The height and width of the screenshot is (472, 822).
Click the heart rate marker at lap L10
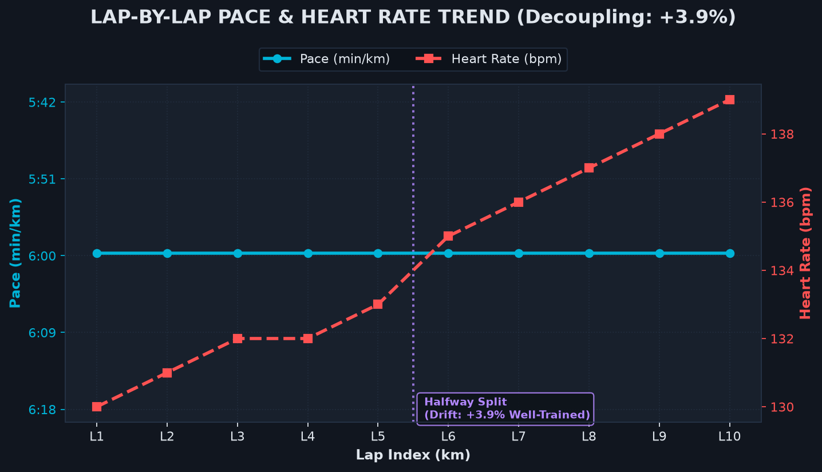730,100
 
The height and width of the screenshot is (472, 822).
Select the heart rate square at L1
97,407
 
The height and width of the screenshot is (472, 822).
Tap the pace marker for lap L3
238,253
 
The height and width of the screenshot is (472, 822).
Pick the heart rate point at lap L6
448,236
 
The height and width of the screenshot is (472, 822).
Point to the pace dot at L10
730,253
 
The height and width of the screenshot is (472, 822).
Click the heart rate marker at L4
308,339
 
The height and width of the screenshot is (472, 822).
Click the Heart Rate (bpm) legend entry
488,59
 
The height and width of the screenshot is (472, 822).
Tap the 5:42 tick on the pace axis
42,103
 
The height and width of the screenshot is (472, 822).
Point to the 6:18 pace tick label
42,410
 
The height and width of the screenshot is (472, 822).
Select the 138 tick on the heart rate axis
781,135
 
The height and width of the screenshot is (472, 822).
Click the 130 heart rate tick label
781,407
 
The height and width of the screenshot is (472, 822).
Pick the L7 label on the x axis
519,436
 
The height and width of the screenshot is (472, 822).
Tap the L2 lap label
167,436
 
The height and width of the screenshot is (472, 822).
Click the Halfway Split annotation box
505,409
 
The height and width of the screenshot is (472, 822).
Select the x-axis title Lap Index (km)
413,455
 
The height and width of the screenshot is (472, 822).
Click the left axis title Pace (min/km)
15,253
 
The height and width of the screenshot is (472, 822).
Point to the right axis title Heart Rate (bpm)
805,253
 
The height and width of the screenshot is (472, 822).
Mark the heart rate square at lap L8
590,168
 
